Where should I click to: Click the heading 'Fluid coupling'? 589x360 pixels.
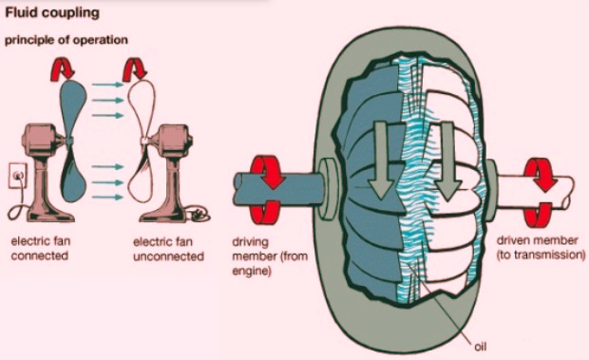(x=52, y=12)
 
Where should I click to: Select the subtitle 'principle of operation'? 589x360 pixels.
(x=66, y=40)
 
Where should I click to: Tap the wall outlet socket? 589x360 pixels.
(x=18, y=175)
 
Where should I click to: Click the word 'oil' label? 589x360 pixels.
(x=480, y=347)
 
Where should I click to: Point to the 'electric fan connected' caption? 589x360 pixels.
(x=40, y=248)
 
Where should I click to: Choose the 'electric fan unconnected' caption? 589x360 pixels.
(x=168, y=249)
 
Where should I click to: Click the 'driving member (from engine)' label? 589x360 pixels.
(x=270, y=256)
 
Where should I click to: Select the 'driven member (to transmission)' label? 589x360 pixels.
(x=541, y=248)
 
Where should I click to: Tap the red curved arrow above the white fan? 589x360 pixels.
(x=134, y=69)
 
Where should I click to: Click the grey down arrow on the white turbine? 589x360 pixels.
(x=447, y=161)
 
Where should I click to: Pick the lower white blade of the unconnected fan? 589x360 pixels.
(x=141, y=174)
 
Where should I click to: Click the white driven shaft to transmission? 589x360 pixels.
(x=533, y=192)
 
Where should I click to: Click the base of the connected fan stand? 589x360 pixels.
(x=51, y=215)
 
